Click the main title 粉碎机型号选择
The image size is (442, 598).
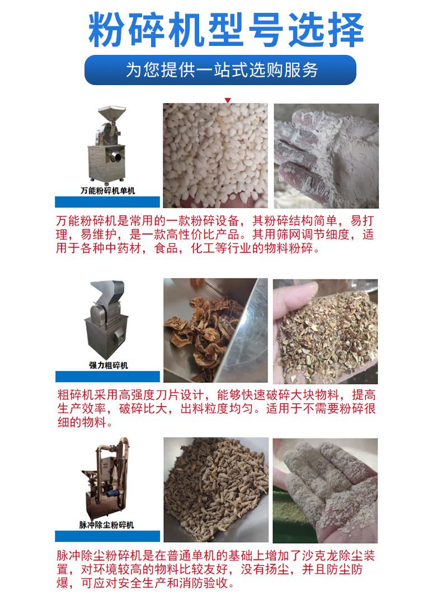[226, 30]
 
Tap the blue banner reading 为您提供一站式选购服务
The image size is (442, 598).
[220, 70]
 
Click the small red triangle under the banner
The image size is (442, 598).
[228, 100]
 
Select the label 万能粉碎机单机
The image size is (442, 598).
[108, 190]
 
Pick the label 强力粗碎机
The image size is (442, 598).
[108, 366]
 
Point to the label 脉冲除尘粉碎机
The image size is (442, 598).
[107, 525]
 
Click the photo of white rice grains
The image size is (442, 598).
[215, 156]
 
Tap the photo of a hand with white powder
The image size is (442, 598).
[326, 156]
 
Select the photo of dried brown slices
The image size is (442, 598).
[215, 330]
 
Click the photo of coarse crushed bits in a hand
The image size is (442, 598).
[326, 331]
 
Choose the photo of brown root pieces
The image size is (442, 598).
[216, 490]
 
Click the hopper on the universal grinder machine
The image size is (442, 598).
[111, 115]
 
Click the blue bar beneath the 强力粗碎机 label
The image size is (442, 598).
[108, 376]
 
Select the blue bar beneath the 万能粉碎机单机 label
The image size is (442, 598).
[107, 202]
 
